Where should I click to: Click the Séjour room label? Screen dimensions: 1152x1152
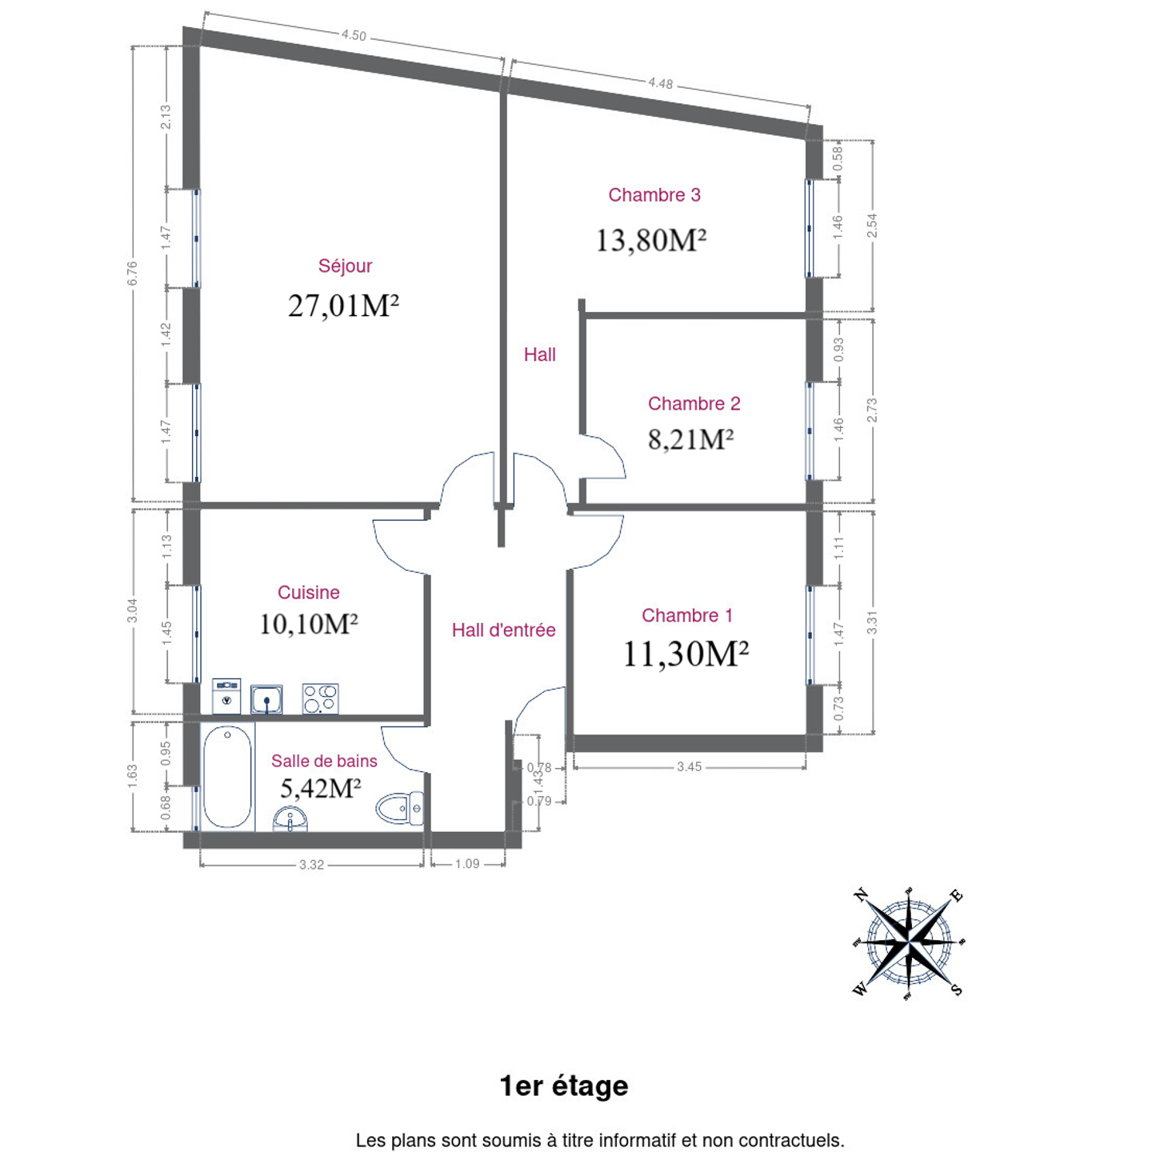pos(345,266)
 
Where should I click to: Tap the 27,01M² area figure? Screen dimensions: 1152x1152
pos(343,306)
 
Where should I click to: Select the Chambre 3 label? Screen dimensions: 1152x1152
pos(654,195)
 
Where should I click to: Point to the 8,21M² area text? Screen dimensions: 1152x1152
pos(690,439)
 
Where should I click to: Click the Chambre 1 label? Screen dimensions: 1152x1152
pos(687,615)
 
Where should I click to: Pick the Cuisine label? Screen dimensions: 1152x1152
pos(309,593)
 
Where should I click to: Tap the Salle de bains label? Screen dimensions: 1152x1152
pos(324,761)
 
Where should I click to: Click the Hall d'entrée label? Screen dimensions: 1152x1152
pos(503,630)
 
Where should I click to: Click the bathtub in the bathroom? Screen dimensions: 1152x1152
pos(227,777)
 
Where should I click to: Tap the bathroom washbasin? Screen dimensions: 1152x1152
pos(290,818)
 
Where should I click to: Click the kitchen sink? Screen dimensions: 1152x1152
pos(266,699)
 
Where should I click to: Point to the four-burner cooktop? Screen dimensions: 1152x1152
pos(321,699)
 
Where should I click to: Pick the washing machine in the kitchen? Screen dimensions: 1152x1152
pos(226,696)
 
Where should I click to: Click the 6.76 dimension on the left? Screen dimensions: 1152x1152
pos(132,274)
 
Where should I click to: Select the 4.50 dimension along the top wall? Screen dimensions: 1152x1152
pos(354,35)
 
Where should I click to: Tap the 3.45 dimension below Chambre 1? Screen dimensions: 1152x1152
pos(690,767)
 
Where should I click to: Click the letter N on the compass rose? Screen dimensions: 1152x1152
pos(861,895)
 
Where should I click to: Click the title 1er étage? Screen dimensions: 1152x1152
pos(564,1086)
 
